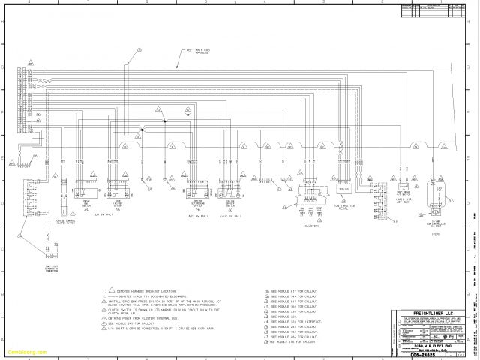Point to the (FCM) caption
(x=436, y=233)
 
